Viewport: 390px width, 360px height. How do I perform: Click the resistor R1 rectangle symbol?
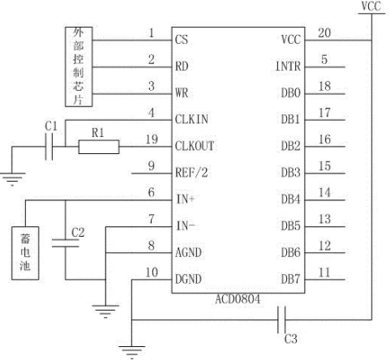[x=99, y=147]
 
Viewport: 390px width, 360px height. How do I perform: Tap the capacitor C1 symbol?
[x=49, y=147]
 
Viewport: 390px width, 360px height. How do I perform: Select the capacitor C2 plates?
[x=65, y=242]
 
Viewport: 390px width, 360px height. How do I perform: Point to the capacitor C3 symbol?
[x=281, y=319]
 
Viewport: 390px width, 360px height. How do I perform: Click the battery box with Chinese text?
[x=25, y=253]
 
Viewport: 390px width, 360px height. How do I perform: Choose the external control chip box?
[x=79, y=66]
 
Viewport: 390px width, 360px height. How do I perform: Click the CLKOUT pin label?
[x=195, y=146]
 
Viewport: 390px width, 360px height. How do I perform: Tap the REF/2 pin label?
[x=191, y=173]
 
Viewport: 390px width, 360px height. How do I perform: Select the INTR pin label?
[x=288, y=66]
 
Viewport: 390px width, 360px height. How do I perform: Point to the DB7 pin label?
[x=290, y=279]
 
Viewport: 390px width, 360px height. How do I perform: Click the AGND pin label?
[x=188, y=253]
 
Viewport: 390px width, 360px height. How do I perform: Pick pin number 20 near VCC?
[x=324, y=33]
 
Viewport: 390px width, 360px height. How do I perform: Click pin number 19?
[x=152, y=139]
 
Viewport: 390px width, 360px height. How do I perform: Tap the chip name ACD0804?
[x=238, y=299]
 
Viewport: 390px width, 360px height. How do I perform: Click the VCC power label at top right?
[x=371, y=6]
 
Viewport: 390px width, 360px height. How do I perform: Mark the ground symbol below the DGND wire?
[x=132, y=352]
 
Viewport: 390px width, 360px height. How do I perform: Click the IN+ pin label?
[x=185, y=199]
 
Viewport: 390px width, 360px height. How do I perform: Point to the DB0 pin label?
[x=290, y=93]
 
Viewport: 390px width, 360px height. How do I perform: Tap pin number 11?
[x=324, y=272]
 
